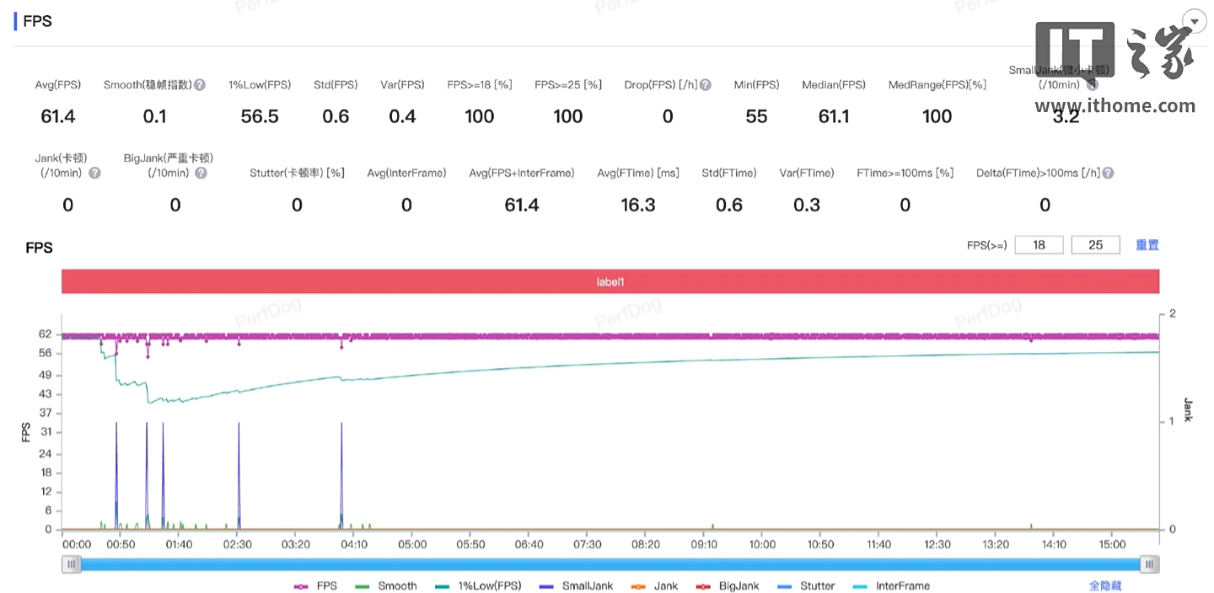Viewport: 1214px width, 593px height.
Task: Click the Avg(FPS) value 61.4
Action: [x=58, y=117]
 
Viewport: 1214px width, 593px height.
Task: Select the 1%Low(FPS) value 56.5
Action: [x=260, y=117]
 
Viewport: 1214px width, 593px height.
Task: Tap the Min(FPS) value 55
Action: [x=756, y=117]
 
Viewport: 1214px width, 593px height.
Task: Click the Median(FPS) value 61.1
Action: [x=834, y=117]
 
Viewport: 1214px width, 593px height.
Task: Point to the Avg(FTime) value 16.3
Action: [x=638, y=206]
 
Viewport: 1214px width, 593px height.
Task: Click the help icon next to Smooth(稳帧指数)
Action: [x=200, y=85]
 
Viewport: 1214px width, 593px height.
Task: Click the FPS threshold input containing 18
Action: [x=1039, y=245]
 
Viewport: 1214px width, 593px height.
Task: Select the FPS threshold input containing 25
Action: [x=1095, y=245]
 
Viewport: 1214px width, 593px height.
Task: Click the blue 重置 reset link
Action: [x=1147, y=245]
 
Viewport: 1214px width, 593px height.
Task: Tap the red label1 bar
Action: [x=610, y=281]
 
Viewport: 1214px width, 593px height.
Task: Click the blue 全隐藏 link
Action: [x=1105, y=586]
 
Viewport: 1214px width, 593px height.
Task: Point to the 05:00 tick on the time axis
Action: [x=412, y=545]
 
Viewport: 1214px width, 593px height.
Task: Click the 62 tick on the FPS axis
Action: [x=45, y=334]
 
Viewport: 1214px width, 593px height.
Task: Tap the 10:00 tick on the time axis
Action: [x=762, y=545]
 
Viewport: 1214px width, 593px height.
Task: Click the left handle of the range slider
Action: [x=72, y=564]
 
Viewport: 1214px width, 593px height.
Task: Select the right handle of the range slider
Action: [x=1149, y=564]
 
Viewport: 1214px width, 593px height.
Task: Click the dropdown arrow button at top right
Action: [x=1194, y=22]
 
